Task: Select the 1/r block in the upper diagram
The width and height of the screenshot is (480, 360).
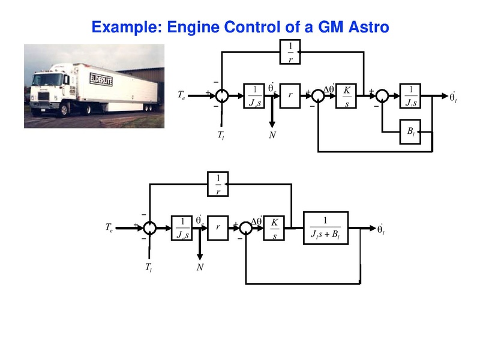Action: tap(291, 52)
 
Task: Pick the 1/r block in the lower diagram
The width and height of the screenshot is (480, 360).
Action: tap(218, 184)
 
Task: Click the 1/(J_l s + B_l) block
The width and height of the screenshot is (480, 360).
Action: tap(326, 227)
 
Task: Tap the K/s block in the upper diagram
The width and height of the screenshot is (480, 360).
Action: tap(346, 95)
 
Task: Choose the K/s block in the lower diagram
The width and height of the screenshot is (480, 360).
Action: tap(274, 228)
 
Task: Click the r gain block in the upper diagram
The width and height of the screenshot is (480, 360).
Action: tap(290, 95)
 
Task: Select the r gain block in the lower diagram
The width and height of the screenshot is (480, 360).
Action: tap(218, 228)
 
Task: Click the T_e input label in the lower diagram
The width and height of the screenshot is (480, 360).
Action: tap(109, 228)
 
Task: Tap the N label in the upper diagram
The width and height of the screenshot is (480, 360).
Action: tap(272, 135)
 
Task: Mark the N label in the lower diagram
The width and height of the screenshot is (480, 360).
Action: tap(200, 267)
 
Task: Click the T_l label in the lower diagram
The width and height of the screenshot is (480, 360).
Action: tap(148, 267)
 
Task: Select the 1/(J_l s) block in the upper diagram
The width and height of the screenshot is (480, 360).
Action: tap(411, 95)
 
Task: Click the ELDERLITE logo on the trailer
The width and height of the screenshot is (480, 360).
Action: tap(101, 79)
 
